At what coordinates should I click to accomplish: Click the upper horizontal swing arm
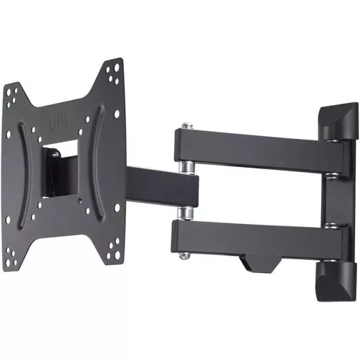pos(252,148)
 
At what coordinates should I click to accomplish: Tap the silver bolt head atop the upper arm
pos(187,127)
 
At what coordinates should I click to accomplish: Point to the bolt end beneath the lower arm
pos(186,254)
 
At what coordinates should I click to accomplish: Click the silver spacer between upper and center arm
pos(186,167)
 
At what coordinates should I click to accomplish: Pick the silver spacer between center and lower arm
pos(186,212)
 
